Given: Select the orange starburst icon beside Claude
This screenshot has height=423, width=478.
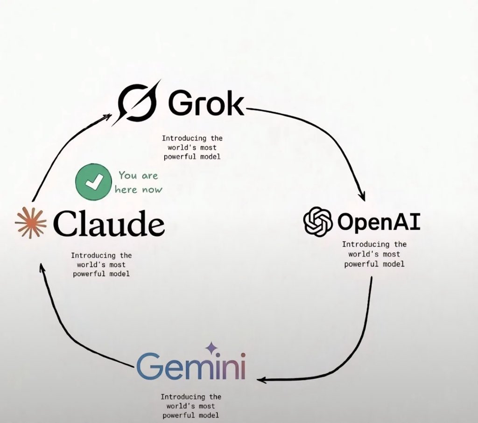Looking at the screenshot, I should [x=31, y=223].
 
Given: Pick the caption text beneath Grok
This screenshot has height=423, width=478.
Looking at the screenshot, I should [x=192, y=147].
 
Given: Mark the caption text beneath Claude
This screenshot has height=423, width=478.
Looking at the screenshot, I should [x=101, y=264].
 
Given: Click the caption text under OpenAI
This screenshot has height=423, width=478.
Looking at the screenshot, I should [x=374, y=254].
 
